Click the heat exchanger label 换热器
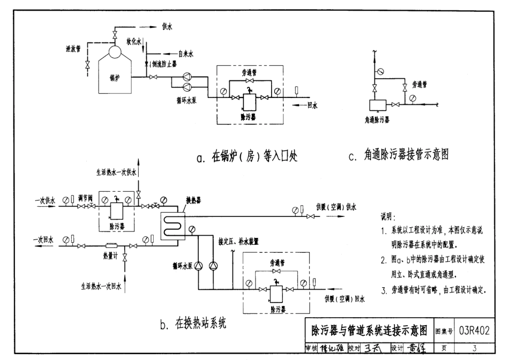pos(193,199)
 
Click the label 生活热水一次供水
pos(116,172)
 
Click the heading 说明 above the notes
pos(387,217)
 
